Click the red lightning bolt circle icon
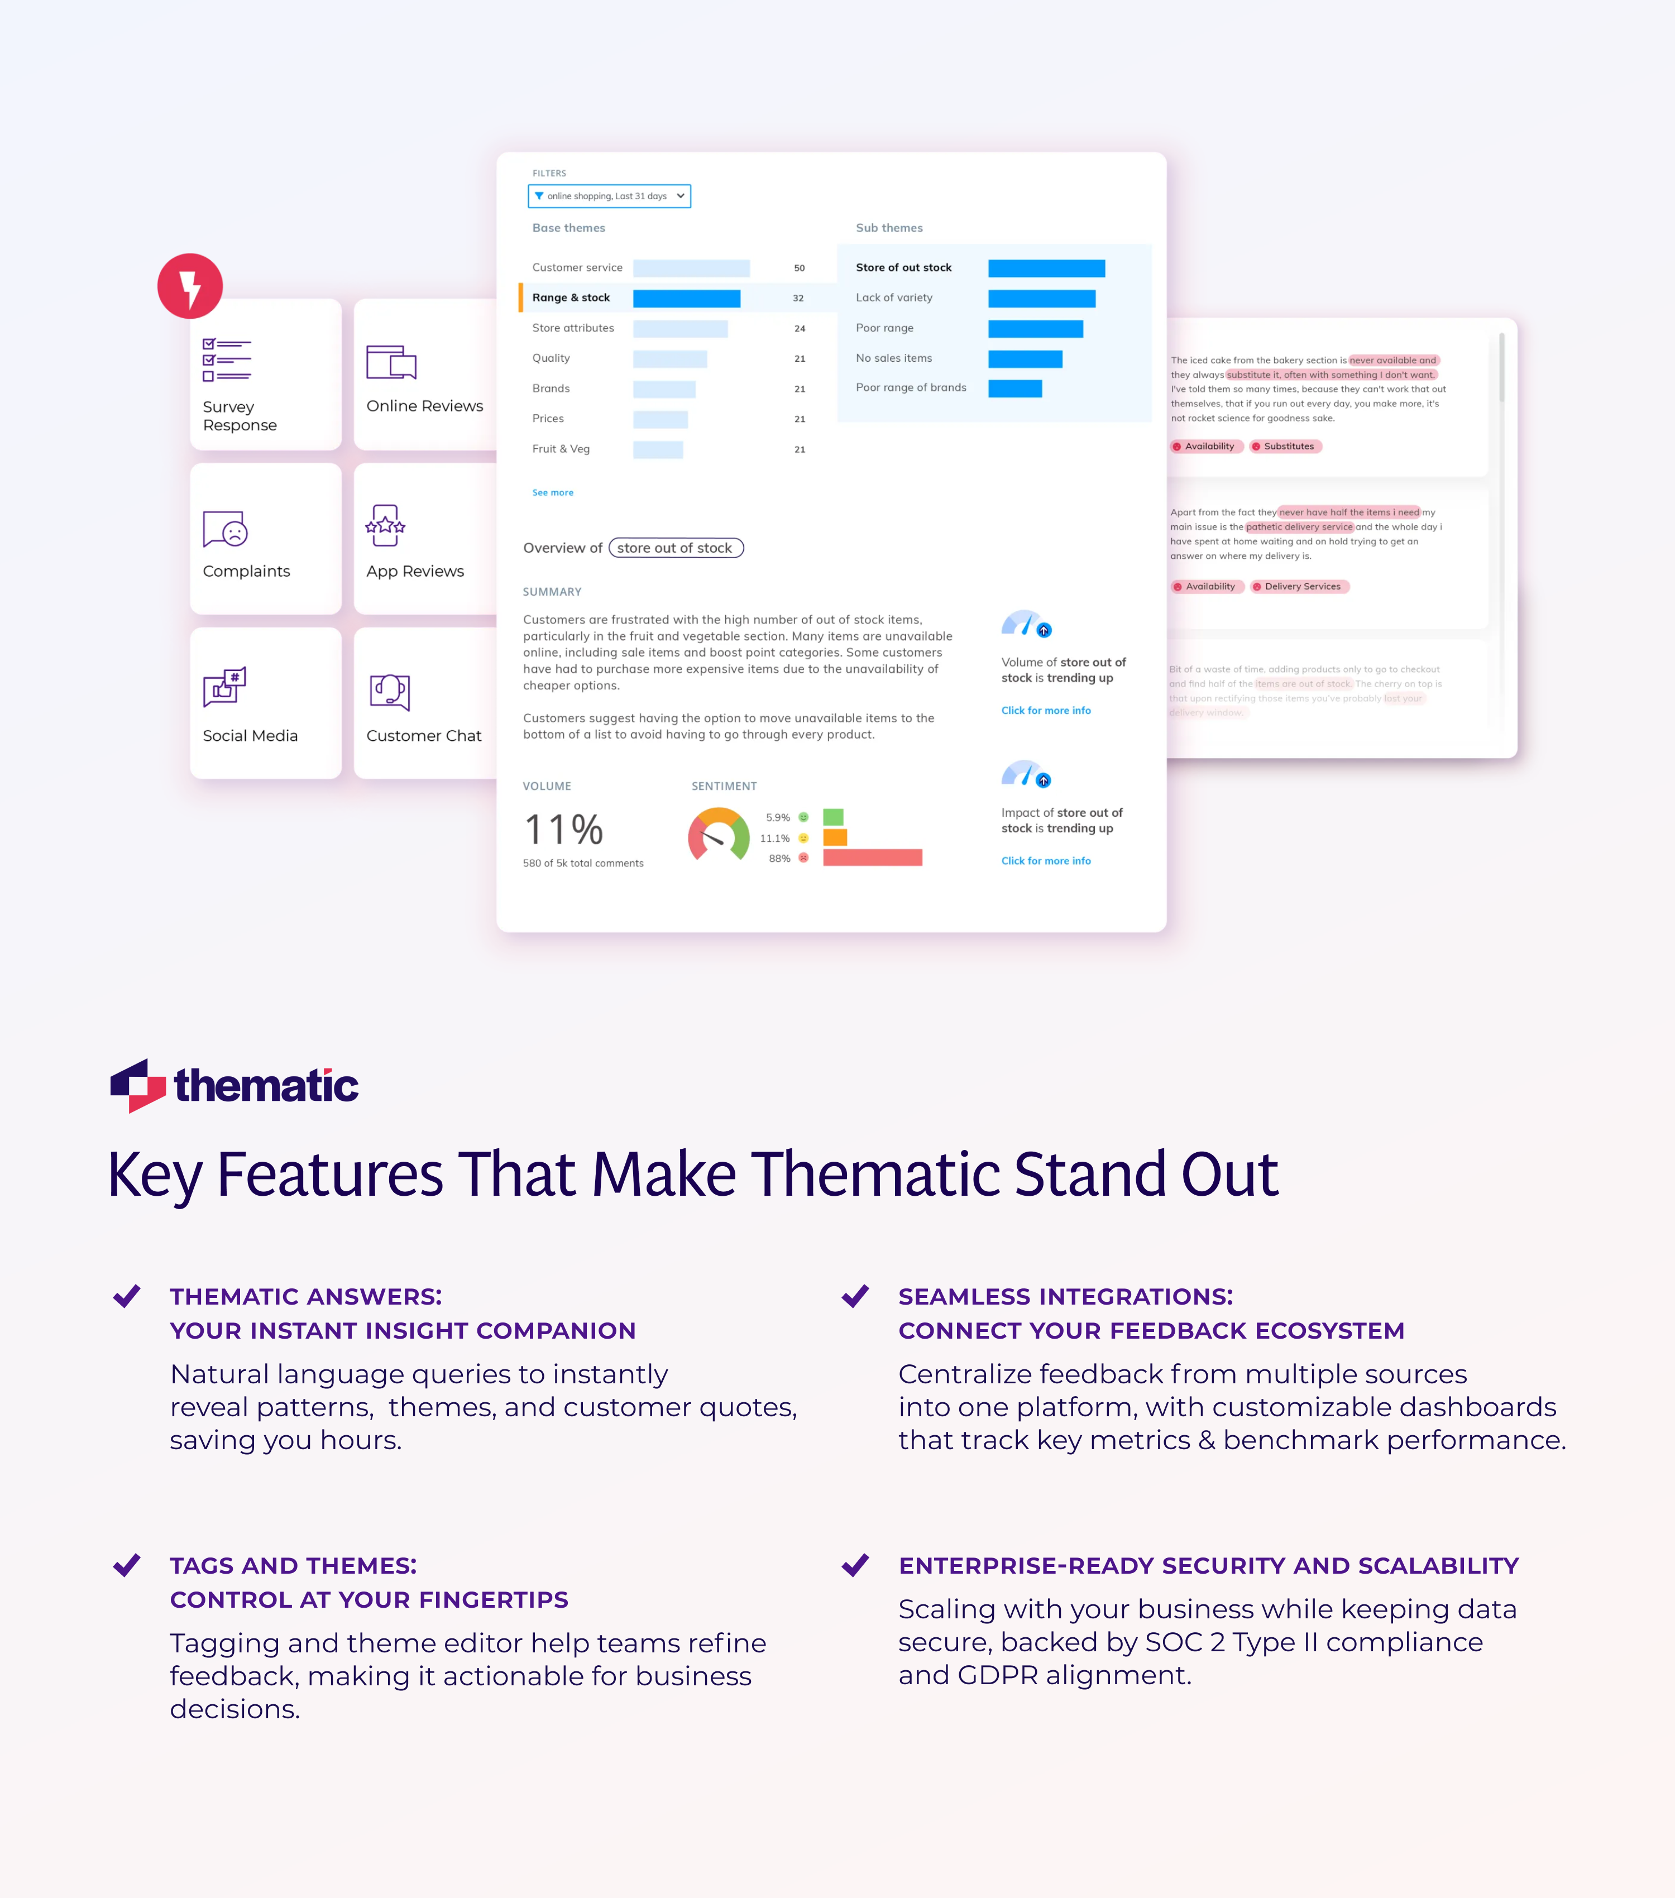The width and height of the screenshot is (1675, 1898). coord(190,286)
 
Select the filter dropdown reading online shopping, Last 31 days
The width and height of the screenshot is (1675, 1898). coord(609,196)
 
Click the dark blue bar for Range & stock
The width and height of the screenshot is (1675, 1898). coord(686,298)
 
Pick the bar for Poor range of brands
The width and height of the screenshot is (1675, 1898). coord(1015,388)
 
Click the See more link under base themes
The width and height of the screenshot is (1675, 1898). coord(552,493)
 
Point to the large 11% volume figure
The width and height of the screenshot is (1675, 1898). coord(563,829)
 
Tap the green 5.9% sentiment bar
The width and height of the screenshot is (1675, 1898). coord(833,817)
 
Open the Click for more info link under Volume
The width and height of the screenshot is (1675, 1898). coord(1046,711)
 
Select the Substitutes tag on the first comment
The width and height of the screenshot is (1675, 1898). coord(1285,447)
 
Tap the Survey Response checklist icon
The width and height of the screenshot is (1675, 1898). coord(227,360)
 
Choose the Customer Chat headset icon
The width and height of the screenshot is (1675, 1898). coord(390,692)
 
